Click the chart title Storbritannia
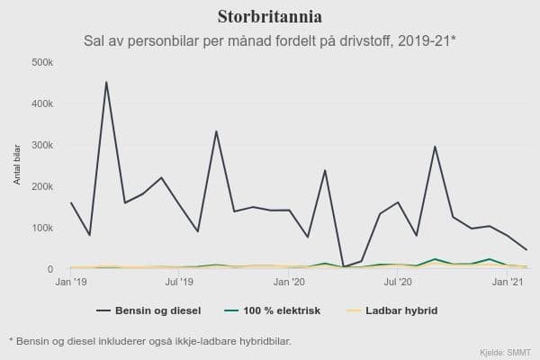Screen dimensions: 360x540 tap(270, 16)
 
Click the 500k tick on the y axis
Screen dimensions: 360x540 tap(42, 62)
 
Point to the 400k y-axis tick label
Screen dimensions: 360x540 tap(42, 103)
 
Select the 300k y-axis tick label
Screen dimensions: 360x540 tap(42, 145)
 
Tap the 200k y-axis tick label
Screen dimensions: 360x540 tap(42, 186)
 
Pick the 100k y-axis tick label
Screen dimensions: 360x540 tap(42, 228)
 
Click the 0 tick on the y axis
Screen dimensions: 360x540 tap(50, 269)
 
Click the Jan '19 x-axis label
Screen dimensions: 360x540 tap(70, 283)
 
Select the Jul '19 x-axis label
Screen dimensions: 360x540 tap(179, 283)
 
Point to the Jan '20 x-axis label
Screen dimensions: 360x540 tap(289, 283)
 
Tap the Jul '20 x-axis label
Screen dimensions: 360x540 tap(398, 283)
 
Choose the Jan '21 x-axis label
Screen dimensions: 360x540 tap(508, 283)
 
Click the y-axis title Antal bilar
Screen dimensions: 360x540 tap(16, 163)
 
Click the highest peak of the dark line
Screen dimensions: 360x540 tap(106, 83)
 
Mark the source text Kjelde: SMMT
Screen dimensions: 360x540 tap(506, 351)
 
